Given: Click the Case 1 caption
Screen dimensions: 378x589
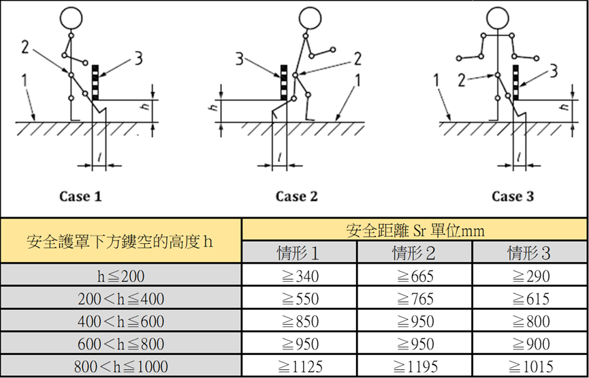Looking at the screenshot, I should (80, 196).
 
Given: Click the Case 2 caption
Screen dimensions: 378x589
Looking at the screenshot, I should (296, 196).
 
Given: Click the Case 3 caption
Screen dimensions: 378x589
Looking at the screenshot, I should (513, 196).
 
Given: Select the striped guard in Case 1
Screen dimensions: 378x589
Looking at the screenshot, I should (95, 82).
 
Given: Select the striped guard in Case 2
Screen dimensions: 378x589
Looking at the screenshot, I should (285, 82).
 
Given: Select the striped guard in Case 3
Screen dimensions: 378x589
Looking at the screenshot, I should (516, 82).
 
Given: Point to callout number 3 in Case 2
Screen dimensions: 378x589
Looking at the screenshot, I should (239, 58).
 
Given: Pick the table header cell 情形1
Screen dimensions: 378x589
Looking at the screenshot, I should (299, 253).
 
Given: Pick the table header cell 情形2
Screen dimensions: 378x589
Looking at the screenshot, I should (414, 253).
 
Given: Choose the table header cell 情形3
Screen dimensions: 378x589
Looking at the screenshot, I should (530, 253).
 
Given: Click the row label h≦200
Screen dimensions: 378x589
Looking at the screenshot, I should (121, 276).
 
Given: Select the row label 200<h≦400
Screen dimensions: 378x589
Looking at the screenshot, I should (121, 298).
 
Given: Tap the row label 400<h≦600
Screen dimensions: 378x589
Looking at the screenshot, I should (121, 321).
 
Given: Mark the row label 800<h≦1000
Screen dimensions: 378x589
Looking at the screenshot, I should (121, 366).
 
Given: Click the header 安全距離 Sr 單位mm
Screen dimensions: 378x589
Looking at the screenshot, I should (415, 230).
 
